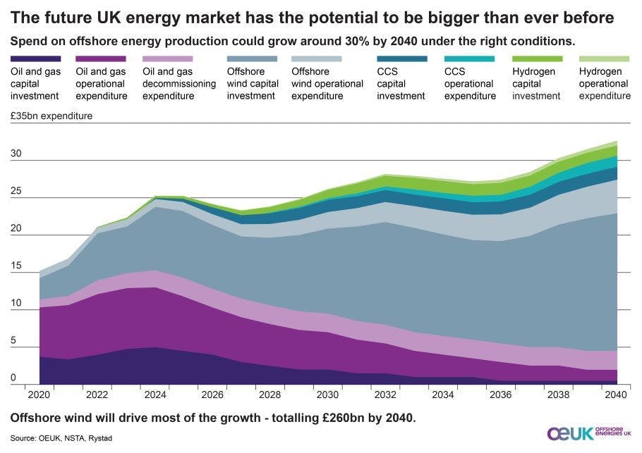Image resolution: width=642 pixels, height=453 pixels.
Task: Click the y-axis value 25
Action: coord(16,191)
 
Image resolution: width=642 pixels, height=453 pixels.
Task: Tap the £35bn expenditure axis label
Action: coord(52,116)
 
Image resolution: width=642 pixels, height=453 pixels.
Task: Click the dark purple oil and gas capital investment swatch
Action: coord(35,59)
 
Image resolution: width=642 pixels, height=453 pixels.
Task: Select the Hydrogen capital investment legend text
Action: coord(534,84)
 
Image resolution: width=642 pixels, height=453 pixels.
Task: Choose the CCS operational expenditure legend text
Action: coord(470,84)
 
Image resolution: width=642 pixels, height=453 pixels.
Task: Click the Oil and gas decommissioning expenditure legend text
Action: coord(179,84)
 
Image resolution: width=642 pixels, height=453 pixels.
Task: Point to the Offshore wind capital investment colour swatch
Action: coord(252,59)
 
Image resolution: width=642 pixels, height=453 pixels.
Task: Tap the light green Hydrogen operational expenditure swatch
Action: coord(603,59)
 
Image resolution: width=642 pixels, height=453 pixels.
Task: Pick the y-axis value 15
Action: coord(16,266)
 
